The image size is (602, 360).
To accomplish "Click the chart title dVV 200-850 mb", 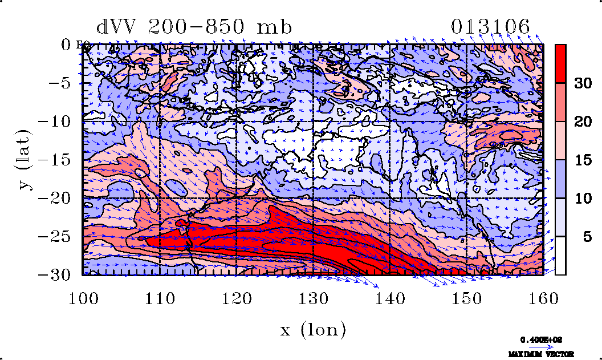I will point(194,27).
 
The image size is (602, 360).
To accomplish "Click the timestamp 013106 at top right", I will point(490,27).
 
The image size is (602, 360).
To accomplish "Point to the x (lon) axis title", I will point(313,329).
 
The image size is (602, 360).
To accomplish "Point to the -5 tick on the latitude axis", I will point(60,83).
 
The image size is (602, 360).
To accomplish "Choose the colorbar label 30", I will point(582,83).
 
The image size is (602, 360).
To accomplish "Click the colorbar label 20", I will point(582,122).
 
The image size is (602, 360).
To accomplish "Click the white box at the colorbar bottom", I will point(560,256).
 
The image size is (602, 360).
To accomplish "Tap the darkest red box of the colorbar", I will point(560,63).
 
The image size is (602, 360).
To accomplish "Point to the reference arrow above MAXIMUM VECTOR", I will point(538,346).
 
